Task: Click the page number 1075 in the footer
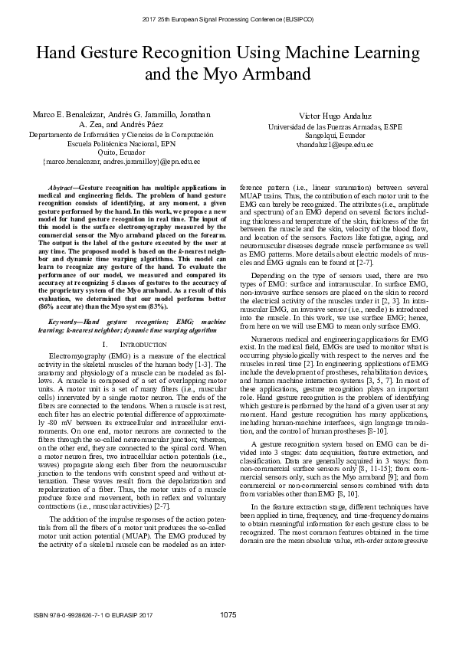coord(227,615)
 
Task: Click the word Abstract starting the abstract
coord(62,187)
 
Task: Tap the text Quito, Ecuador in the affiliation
coord(121,152)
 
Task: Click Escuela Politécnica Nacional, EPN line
coord(121,143)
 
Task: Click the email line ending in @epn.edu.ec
coord(121,162)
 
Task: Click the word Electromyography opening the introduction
coord(76,357)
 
